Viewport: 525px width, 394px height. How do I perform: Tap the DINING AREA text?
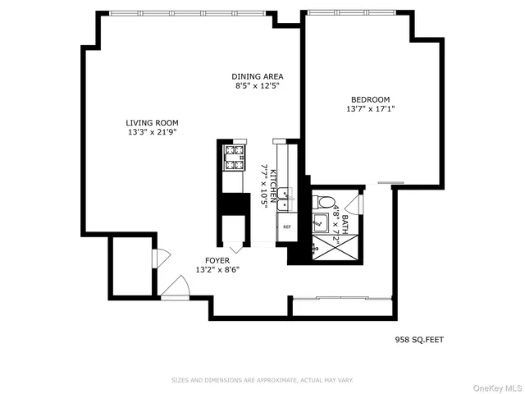point(257,76)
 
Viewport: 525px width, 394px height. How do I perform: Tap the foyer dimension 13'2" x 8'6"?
point(217,269)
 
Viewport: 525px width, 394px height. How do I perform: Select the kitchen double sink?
point(284,195)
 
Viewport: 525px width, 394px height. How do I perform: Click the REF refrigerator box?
point(287,227)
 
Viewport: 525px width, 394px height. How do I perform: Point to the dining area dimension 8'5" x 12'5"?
point(257,86)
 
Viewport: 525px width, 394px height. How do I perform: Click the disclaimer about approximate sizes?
point(262,380)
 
